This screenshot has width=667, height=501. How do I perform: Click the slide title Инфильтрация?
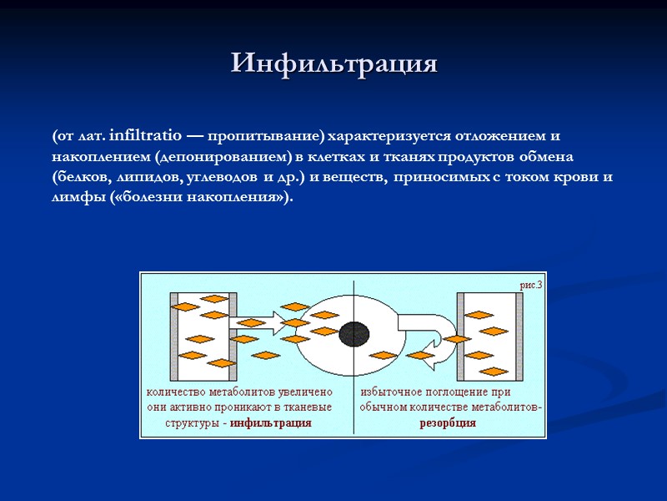click(333, 63)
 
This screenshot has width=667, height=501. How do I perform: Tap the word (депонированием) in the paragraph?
click(228, 157)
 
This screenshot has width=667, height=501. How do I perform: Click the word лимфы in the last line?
click(78, 198)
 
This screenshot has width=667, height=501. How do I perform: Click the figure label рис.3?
click(531, 286)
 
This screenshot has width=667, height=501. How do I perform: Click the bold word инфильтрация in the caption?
click(271, 423)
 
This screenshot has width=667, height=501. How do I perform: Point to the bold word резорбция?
click(448, 423)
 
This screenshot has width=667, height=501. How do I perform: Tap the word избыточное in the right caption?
click(391, 391)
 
